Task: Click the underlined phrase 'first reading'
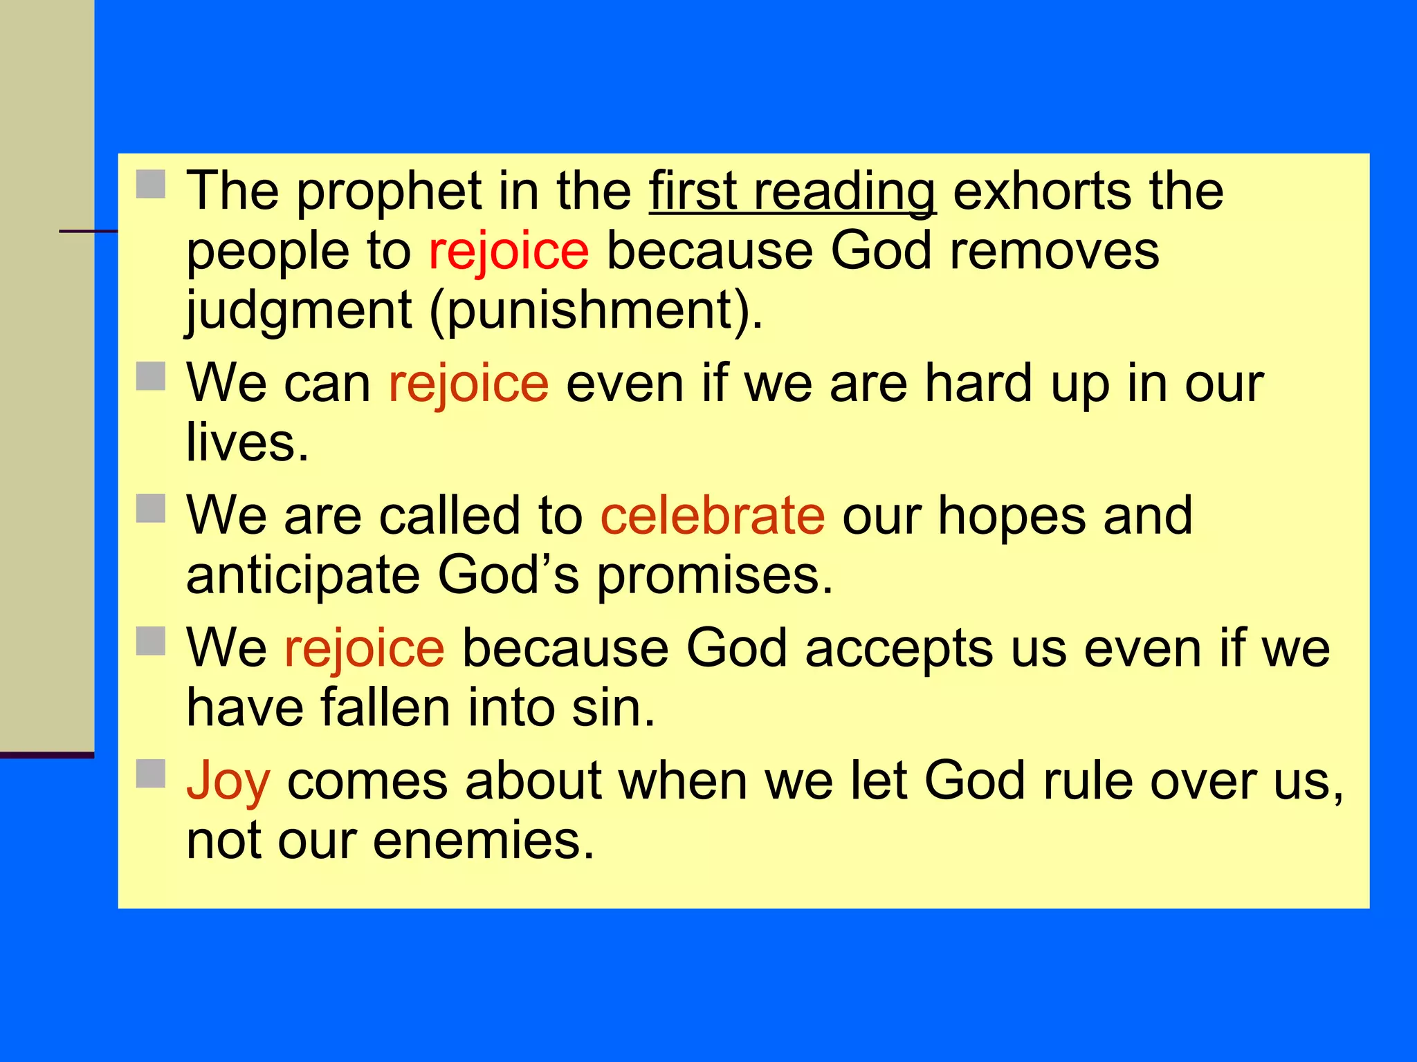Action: [x=792, y=192]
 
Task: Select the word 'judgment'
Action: [x=299, y=311]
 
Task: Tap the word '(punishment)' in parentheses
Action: [x=596, y=311]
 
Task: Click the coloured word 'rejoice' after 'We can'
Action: [x=468, y=384]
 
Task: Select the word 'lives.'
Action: [x=247, y=443]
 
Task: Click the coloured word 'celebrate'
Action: [x=712, y=516]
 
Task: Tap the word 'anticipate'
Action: [x=303, y=577]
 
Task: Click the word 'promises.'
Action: [x=715, y=577]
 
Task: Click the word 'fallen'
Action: [x=385, y=709]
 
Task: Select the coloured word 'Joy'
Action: [x=228, y=782]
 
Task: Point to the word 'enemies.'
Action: [x=484, y=841]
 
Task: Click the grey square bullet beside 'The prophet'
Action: [x=150, y=185]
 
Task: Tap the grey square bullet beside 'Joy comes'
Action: [x=150, y=774]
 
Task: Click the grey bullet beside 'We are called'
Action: [x=150, y=509]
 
